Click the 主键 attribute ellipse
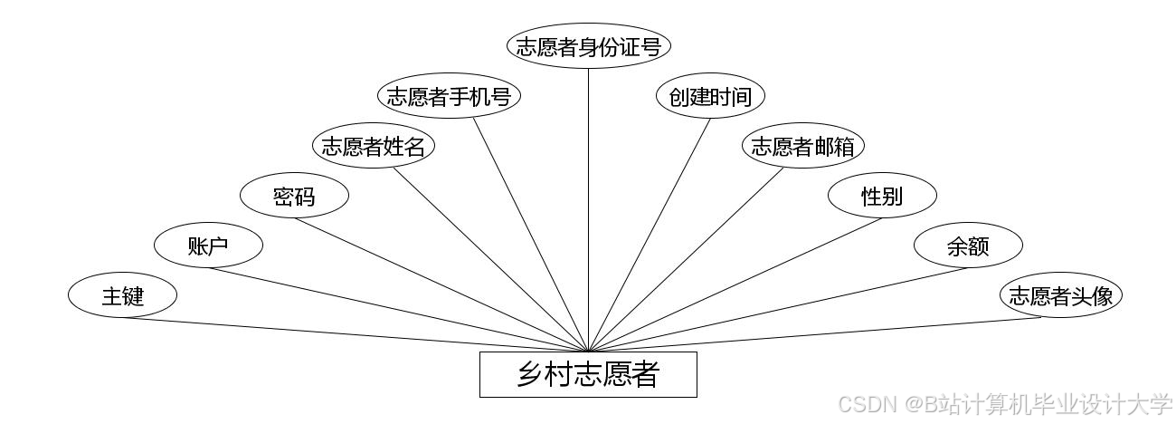tap(122, 295)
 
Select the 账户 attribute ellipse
tap(208, 246)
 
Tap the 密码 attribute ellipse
tap(294, 196)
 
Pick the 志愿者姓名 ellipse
tap(373, 147)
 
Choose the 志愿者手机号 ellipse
tap(449, 97)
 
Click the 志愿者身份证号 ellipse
tap(589, 47)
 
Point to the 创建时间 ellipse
tap(711, 97)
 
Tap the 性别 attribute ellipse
tap(882, 196)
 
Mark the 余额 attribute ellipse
tap(968, 246)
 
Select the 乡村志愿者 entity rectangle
tap(588, 374)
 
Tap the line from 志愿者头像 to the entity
tap(823, 333)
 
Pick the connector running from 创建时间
tap(650, 234)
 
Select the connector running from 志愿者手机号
tap(531, 234)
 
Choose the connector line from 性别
tap(735, 284)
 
